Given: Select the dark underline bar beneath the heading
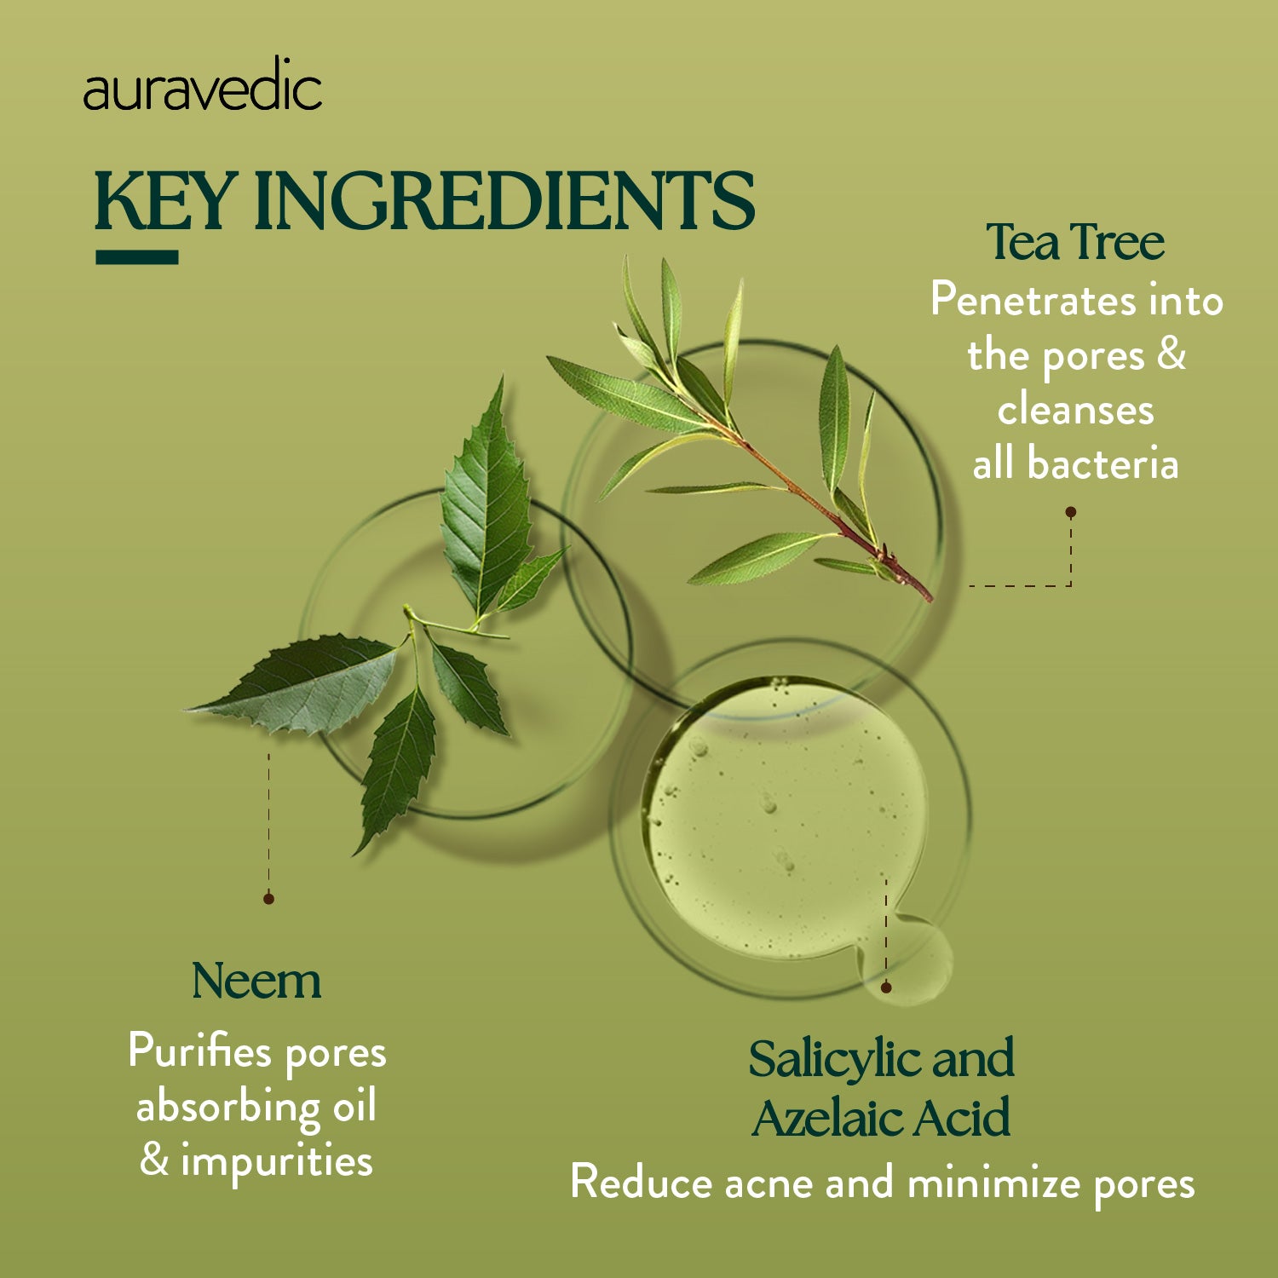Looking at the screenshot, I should (137, 257).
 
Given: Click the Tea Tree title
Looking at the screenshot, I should (1075, 243).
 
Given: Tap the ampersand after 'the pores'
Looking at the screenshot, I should (1171, 354).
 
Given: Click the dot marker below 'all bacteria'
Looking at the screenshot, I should (1071, 512).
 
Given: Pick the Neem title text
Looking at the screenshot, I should (256, 982).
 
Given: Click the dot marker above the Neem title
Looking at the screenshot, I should (268, 898).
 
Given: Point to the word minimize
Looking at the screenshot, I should (993, 1183).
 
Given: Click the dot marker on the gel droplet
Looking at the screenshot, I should (886, 987).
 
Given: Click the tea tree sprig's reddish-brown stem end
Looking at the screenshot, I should (924, 593).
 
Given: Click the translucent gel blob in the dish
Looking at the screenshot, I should (784, 818).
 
